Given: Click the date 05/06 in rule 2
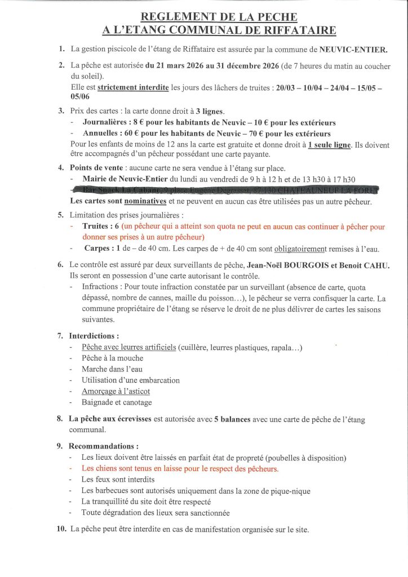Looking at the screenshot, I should point(80,96).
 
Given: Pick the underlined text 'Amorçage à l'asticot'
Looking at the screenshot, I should point(116,391).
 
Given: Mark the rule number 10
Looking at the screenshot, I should point(61,530).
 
